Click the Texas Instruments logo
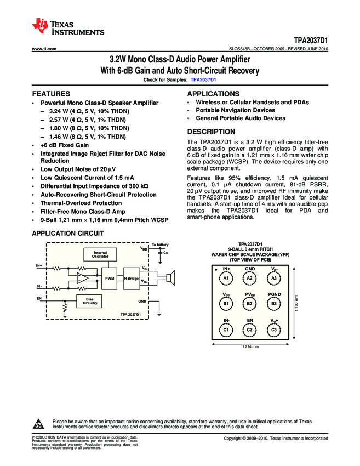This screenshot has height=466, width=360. (x=64, y=26)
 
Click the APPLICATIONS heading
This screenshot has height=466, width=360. (x=213, y=94)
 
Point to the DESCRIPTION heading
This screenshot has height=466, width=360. (x=212, y=132)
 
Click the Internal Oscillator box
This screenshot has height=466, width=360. (x=100, y=254)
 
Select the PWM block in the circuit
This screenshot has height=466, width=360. (x=110, y=279)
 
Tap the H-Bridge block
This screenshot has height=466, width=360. (x=132, y=279)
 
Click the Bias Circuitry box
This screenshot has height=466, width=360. (x=90, y=300)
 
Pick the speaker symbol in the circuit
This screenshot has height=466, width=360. (x=170, y=278)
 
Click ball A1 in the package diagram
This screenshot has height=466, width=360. (x=225, y=279)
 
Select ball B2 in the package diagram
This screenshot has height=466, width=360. (x=249, y=303)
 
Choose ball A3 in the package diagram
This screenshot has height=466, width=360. (x=274, y=279)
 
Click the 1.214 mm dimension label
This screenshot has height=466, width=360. (x=250, y=347)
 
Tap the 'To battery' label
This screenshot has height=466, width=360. (x=160, y=243)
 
